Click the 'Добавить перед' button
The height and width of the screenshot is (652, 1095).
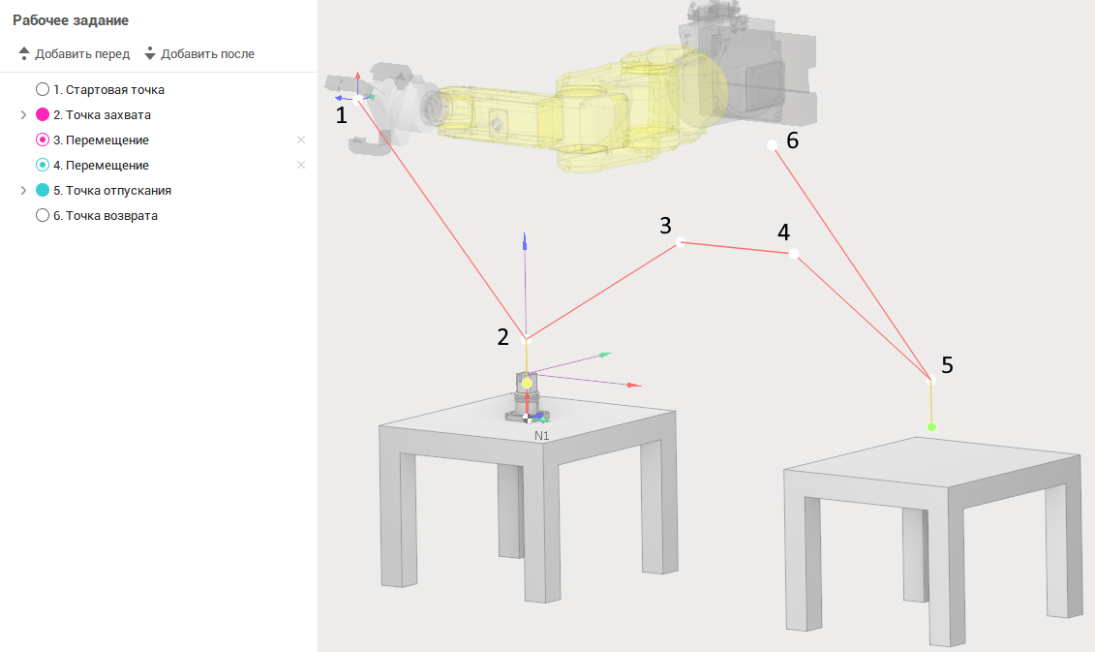74,54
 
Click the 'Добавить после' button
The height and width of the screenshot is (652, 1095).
199,54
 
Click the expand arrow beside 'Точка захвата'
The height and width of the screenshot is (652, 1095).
23,114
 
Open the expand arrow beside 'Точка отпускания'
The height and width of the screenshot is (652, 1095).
23,190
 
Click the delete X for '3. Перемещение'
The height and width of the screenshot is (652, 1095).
301,140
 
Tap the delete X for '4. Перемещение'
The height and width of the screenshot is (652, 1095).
301,165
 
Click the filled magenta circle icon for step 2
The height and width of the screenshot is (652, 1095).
43,114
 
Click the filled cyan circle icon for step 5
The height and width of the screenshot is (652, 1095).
43,190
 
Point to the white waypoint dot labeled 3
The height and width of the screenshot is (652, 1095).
681,242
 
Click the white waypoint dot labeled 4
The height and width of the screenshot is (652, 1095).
793,254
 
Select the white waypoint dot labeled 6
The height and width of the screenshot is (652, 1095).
772,145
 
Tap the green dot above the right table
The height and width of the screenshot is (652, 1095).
930,427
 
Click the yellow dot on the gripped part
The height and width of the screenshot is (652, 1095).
527,383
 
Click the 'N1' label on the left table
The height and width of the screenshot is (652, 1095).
542,435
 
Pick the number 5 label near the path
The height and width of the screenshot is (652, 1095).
947,365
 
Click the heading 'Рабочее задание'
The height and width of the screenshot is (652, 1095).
71,20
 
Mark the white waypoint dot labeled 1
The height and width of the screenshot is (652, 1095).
358,99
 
